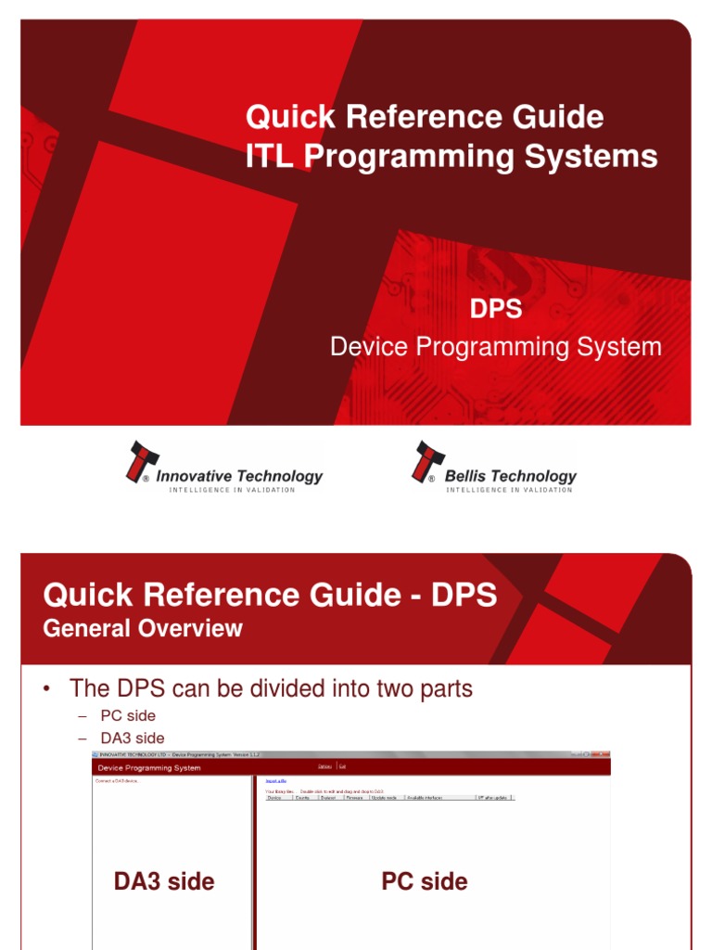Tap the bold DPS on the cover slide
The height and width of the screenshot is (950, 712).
click(496, 309)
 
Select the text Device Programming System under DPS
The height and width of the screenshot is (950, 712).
click(496, 348)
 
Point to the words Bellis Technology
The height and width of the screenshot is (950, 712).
click(510, 476)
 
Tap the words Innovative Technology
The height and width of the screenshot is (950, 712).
click(239, 476)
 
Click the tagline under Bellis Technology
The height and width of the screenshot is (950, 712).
click(509, 490)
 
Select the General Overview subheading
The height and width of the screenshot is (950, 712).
click(143, 628)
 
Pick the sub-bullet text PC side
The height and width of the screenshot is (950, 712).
click(128, 716)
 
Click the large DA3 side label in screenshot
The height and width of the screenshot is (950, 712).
click(164, 881)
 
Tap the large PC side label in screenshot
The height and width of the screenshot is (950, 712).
click(425, 881)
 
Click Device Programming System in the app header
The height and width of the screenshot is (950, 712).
click(149, 768)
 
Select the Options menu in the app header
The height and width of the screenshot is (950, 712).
click(324, 766)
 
